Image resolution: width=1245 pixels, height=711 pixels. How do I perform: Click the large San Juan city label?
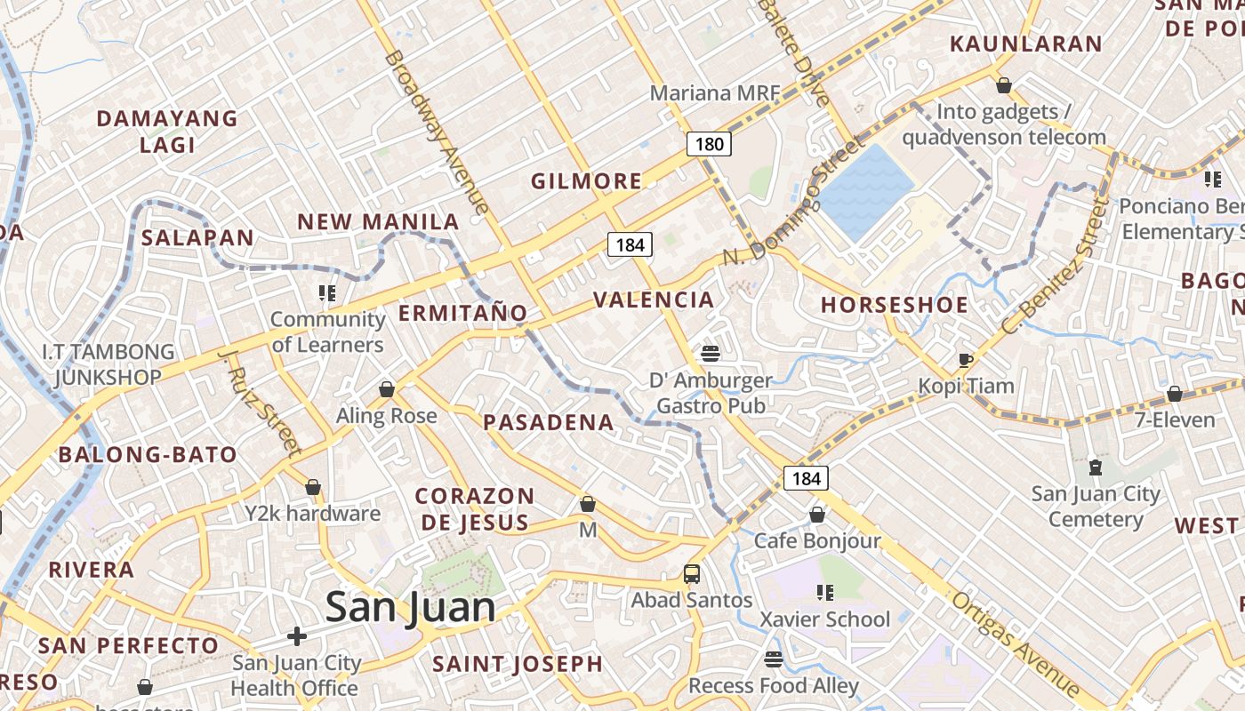(410, 608)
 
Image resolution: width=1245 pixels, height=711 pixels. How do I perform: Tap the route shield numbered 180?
(709, 144)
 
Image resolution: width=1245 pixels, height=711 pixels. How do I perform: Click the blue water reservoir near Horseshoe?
(864, 192)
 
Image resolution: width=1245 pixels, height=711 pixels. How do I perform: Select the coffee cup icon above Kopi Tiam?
(965, 360)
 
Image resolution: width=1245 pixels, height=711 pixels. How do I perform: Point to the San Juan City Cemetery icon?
(1095, 467)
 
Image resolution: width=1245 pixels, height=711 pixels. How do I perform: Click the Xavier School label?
(824, 619)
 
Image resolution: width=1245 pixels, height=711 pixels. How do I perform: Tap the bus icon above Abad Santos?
(692, 574)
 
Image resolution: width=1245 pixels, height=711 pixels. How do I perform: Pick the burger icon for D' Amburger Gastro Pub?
(710, 354)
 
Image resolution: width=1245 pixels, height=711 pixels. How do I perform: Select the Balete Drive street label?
(794, 52)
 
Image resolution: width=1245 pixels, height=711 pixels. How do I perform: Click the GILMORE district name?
(586, 181)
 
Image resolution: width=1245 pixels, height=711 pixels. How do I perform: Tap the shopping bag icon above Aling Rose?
(387, 389)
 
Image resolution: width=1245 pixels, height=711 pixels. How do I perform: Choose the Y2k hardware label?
(312, 513)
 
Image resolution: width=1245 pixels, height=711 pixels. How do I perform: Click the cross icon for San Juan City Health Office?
(297, 636)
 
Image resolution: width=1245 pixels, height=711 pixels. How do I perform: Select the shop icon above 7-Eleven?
(1175, 394)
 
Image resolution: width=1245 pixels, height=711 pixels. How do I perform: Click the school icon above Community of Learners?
(327, 292)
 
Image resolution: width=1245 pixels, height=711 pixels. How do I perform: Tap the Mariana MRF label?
(714, 92)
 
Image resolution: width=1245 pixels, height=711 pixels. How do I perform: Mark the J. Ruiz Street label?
(260, 402)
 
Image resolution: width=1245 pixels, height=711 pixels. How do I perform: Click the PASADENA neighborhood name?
(549, 422)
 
